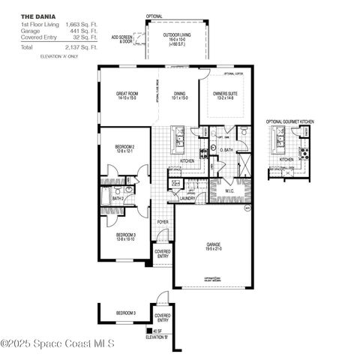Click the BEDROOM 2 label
pos(124,148)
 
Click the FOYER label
pos(162,222)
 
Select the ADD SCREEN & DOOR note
pos(122,38)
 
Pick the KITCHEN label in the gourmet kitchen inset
pos(286,160)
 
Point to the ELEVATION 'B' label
pos(156,337)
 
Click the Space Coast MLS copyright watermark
pos(57,343)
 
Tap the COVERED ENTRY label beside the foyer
pos(162,253)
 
